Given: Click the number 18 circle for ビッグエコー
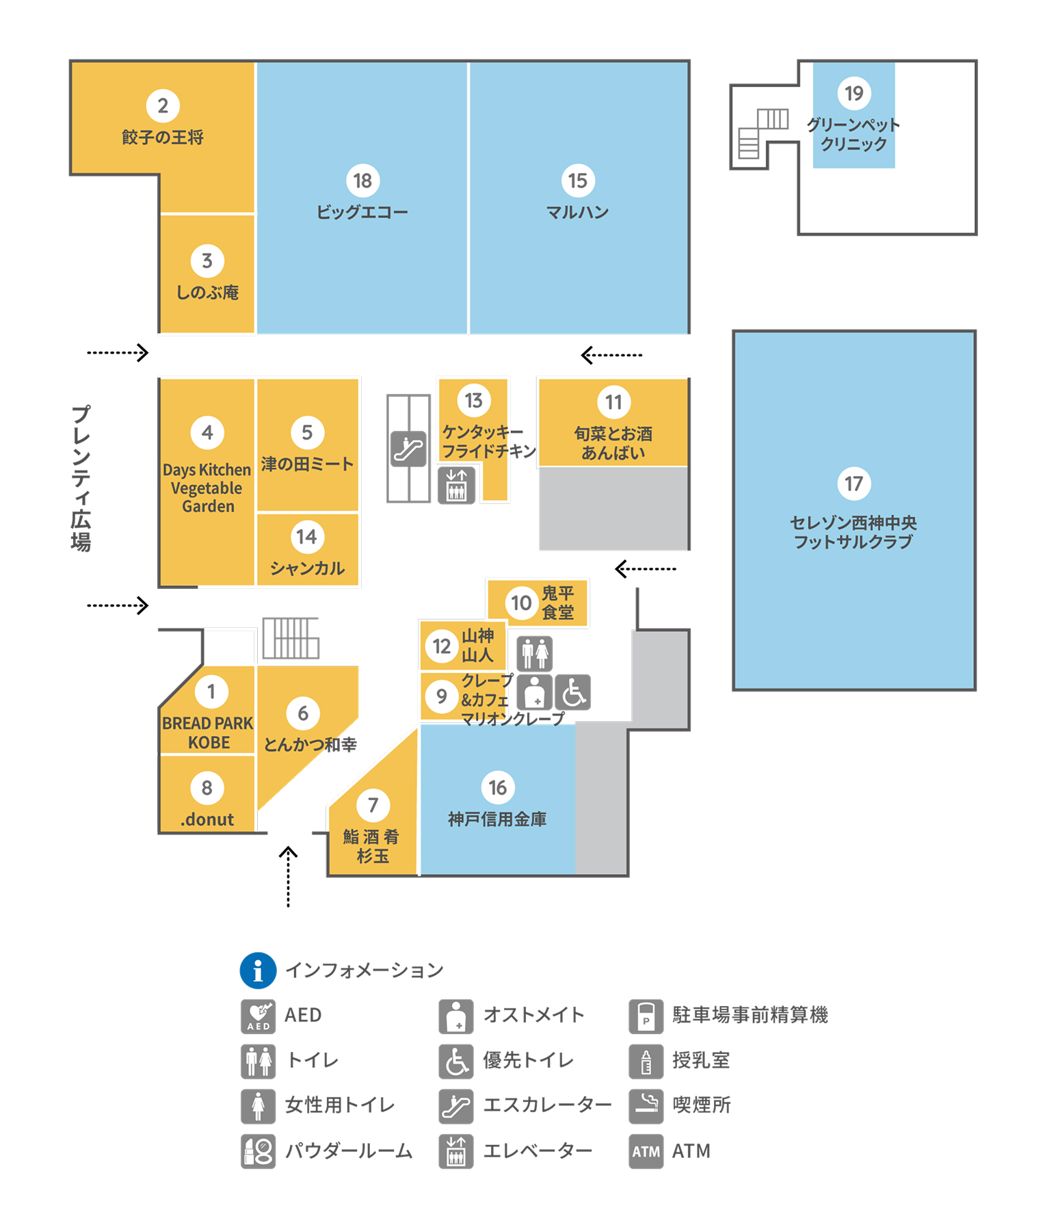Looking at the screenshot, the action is [x=362, y=181].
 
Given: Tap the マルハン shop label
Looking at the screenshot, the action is [x=577, y=212].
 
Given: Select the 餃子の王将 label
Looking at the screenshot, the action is [x=163, y=137].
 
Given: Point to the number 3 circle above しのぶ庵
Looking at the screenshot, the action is [x=207, y=261].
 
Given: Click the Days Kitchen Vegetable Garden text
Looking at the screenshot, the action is [x=207, y=488].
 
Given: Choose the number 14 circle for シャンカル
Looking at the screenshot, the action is [x=306, y=537].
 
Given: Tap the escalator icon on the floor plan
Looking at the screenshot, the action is [x=408, y=449].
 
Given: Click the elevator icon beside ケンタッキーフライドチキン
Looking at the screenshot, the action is [x=456, y=486].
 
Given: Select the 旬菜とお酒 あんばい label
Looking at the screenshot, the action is [x=613, y=443].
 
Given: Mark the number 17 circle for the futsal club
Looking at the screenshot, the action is [x=853, y=484].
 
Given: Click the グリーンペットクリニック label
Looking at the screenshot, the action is [x=853, y=134].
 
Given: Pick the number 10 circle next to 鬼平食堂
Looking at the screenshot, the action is [x=521, y=603].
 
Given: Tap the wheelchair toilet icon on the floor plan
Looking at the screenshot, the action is [x=573, y=692].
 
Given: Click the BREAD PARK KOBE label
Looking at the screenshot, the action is [x=208, y=733].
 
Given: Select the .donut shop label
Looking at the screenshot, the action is [x=207, y=819].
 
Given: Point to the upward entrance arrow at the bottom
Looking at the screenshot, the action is [x=288, y=877].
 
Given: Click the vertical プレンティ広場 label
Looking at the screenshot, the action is [x=81, y=478].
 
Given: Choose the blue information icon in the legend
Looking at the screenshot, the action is [x=258, y=971].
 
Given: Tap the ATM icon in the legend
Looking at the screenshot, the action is [x=646, y=1151].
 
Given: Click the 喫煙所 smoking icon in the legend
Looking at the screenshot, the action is [x=646, y=1106].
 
